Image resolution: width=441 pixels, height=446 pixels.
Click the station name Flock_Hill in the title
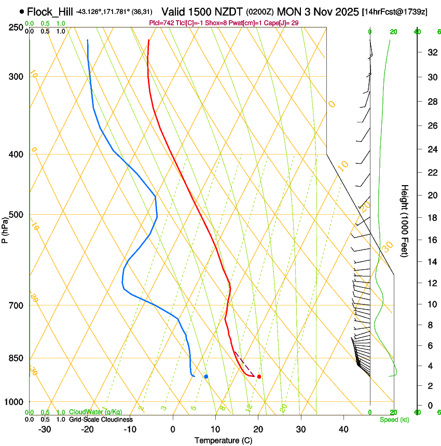tap(50, 11)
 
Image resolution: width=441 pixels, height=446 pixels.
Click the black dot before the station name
tap(21, 11)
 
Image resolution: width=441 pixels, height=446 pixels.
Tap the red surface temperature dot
tap(259, 377)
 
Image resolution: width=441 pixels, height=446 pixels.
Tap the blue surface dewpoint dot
tap(206, 377)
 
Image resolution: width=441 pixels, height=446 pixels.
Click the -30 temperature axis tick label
tap(45, 429)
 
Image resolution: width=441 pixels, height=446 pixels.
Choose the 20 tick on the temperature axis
tap(258, 429)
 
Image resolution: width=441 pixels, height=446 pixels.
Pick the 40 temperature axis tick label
tap(343, 429)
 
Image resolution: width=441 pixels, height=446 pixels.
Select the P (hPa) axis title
tap(5, 228)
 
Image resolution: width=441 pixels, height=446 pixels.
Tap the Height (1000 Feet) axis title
tap(405, 221)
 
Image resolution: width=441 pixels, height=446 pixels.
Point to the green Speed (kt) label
tap(393, 420)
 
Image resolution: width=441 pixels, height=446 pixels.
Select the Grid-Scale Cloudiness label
tap(101, 420)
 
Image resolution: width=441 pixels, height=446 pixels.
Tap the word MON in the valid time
tap(288, 11)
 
